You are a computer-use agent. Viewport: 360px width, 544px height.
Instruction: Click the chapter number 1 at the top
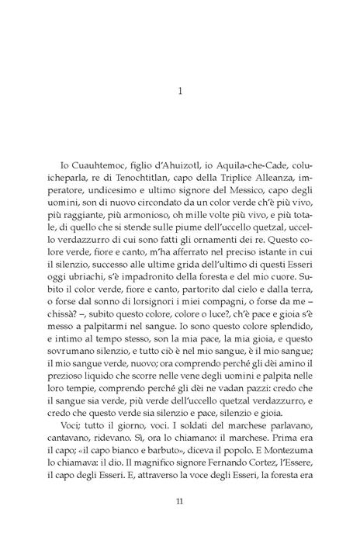[180, 90]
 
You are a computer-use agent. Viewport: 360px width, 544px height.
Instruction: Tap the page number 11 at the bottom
[180, 501]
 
